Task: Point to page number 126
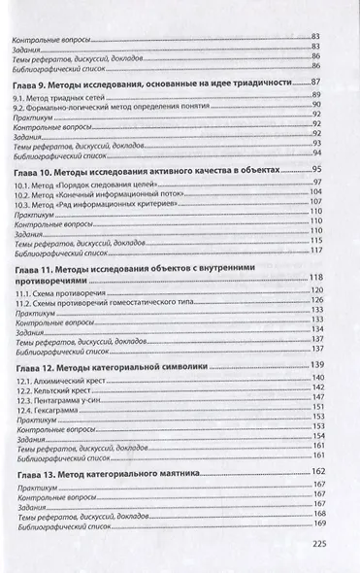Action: tap(315, 300)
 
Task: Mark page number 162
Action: tap(315, 471)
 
